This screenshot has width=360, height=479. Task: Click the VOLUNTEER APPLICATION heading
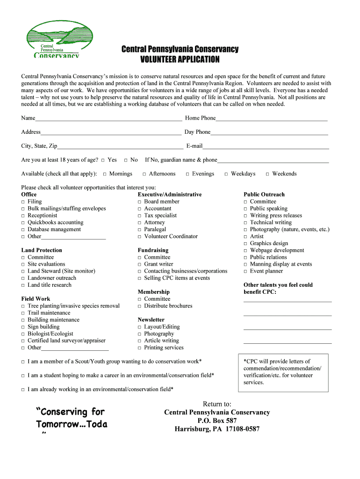[180, 59]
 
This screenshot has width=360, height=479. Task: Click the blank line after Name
[108, 119]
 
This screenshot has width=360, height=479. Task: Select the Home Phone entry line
[271, 119]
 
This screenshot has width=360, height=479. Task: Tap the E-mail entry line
[266, 147]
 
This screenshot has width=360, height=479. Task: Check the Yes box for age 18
[103, 160]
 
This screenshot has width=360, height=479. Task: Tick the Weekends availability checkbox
[267, 174]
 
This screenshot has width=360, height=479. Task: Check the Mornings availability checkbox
[105, 174]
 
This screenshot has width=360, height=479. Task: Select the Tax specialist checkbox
[139, 216]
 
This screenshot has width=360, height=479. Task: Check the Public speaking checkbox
[245, 209]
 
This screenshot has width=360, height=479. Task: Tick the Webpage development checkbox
[245, 251]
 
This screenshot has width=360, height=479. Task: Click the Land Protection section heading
[42, 250]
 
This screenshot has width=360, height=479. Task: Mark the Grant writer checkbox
[139, 265]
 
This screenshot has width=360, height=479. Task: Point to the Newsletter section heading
[151, 320]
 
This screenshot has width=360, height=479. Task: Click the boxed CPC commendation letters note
[283, 372]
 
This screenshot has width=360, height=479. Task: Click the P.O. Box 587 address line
[217, 421]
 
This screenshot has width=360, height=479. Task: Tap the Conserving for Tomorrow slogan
[71, 418]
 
